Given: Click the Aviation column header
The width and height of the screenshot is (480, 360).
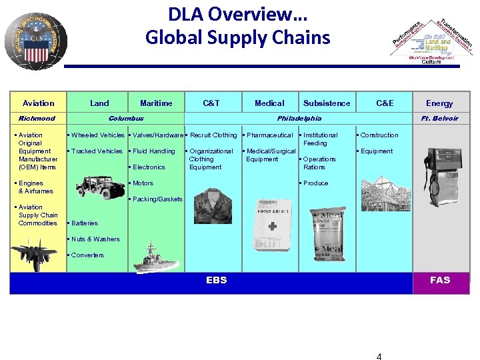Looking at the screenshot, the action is [x=39, y=103].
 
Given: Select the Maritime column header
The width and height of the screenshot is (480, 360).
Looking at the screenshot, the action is [x=156, y=103].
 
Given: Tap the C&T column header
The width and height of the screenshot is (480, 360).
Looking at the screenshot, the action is [x=211, y=103].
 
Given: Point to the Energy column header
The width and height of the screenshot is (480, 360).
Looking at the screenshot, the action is [x=439, y=103].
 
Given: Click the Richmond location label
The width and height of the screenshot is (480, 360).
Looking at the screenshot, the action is [x=37, y=118].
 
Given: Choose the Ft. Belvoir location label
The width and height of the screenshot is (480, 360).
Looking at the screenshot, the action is [x=440, y=118].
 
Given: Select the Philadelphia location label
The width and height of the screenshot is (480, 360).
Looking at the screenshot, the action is [x=299, y=118].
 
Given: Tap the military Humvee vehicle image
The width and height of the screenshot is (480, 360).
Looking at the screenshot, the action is [x=98, y=185].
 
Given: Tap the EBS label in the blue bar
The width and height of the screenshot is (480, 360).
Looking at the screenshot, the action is [x=217, y=280].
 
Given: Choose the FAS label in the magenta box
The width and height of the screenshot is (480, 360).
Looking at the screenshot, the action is [x=440, y=280].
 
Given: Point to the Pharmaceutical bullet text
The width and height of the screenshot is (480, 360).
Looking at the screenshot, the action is [x=269, y=135].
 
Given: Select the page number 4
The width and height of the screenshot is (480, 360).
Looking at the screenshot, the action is [x=379, y=356].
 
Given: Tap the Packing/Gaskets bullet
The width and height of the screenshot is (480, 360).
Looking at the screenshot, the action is [x=157, y=199].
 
